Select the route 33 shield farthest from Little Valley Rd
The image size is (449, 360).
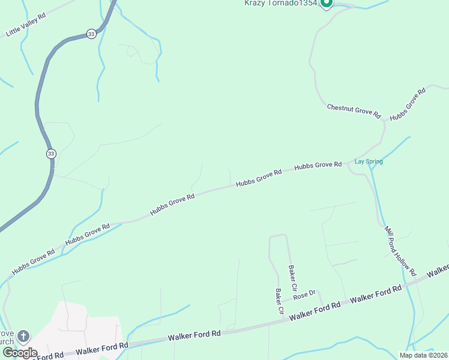[x=51, y=154]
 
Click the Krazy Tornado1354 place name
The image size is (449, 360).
[x=280, y=3]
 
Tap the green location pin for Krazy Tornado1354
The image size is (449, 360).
[x=326, y=4]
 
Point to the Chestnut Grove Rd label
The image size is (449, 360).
[x=354, y=110]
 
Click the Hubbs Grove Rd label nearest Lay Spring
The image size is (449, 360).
[x=318, y=164]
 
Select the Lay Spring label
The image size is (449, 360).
[x=369, y=161]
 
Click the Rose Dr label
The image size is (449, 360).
[x=304, y=295]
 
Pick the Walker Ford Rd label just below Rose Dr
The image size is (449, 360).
[x=315, y=311]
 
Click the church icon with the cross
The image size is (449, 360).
[x=23, y=336]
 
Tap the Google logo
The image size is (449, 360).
[x=20, y=353]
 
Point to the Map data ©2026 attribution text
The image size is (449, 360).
[x=423, y=355]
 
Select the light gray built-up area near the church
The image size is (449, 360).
[x=84, y=324]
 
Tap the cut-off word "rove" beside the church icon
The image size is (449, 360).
[x=7, y=333]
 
